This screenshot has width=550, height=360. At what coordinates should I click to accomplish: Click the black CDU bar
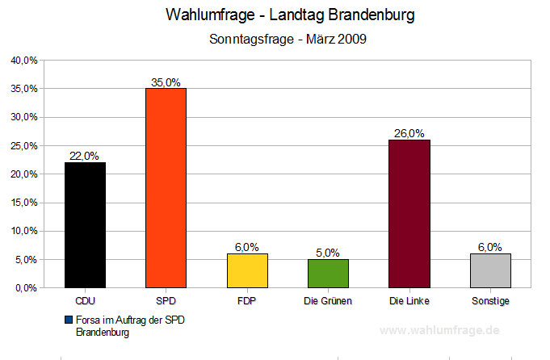click(85, 224)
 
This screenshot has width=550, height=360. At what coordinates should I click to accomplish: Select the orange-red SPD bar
click(166, 187)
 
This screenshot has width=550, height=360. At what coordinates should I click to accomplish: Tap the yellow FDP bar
click(246, 270)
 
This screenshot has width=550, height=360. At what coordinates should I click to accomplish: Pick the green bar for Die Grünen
click(327, 273)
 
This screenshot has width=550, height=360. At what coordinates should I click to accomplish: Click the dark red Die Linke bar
click(409, 213)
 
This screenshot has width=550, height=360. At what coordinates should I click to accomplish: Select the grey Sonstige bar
click(489, 270)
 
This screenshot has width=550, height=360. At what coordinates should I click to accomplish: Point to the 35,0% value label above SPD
click(166, 82)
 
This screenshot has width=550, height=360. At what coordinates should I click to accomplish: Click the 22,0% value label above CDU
click(85, 156)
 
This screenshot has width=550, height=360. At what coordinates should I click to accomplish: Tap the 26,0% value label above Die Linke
click(409, 133)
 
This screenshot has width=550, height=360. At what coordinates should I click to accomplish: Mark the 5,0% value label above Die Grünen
click(327, 253)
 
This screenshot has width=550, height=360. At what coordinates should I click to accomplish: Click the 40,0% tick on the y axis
click(23, 60)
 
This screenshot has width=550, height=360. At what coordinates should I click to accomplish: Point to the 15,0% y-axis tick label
click(23, 203)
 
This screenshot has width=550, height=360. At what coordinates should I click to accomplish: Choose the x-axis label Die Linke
click(409, 301)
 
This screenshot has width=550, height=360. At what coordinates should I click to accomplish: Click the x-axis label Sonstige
click(489, 301)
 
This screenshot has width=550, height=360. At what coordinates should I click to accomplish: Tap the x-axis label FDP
click(246, 301)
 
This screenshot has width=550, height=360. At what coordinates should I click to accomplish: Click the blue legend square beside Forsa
click(69, 320)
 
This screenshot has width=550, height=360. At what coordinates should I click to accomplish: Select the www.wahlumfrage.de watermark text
click(439, 331)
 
